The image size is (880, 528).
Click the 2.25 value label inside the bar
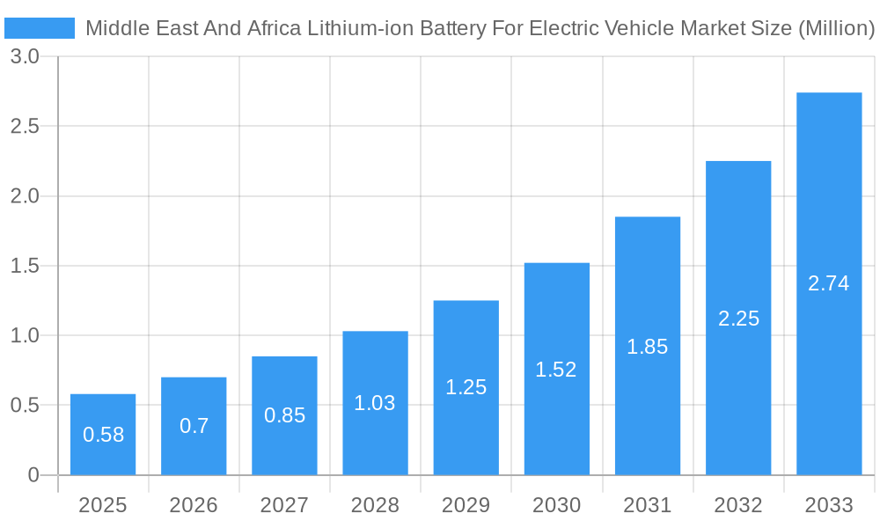pos(738,319)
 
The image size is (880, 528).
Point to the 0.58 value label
pos(103,435)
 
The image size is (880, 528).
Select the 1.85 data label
pos(648,347)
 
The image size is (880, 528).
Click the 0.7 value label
pos(194,426)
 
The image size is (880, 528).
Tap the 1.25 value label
pos(466,387)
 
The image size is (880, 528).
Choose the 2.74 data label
pos(829,283)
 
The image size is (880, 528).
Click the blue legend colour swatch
pos(40,28)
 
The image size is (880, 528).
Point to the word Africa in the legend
pos(273,28)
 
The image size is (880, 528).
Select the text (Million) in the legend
pos(835,28)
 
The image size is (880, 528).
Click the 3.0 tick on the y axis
pos(25,56)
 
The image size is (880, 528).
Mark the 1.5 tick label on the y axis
pos(25,266)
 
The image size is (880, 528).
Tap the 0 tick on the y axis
pos(33,475)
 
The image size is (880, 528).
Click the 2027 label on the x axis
pos(284,505)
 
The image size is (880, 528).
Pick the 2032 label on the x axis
pos(738,505)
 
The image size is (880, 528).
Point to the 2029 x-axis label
pos(466,505)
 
